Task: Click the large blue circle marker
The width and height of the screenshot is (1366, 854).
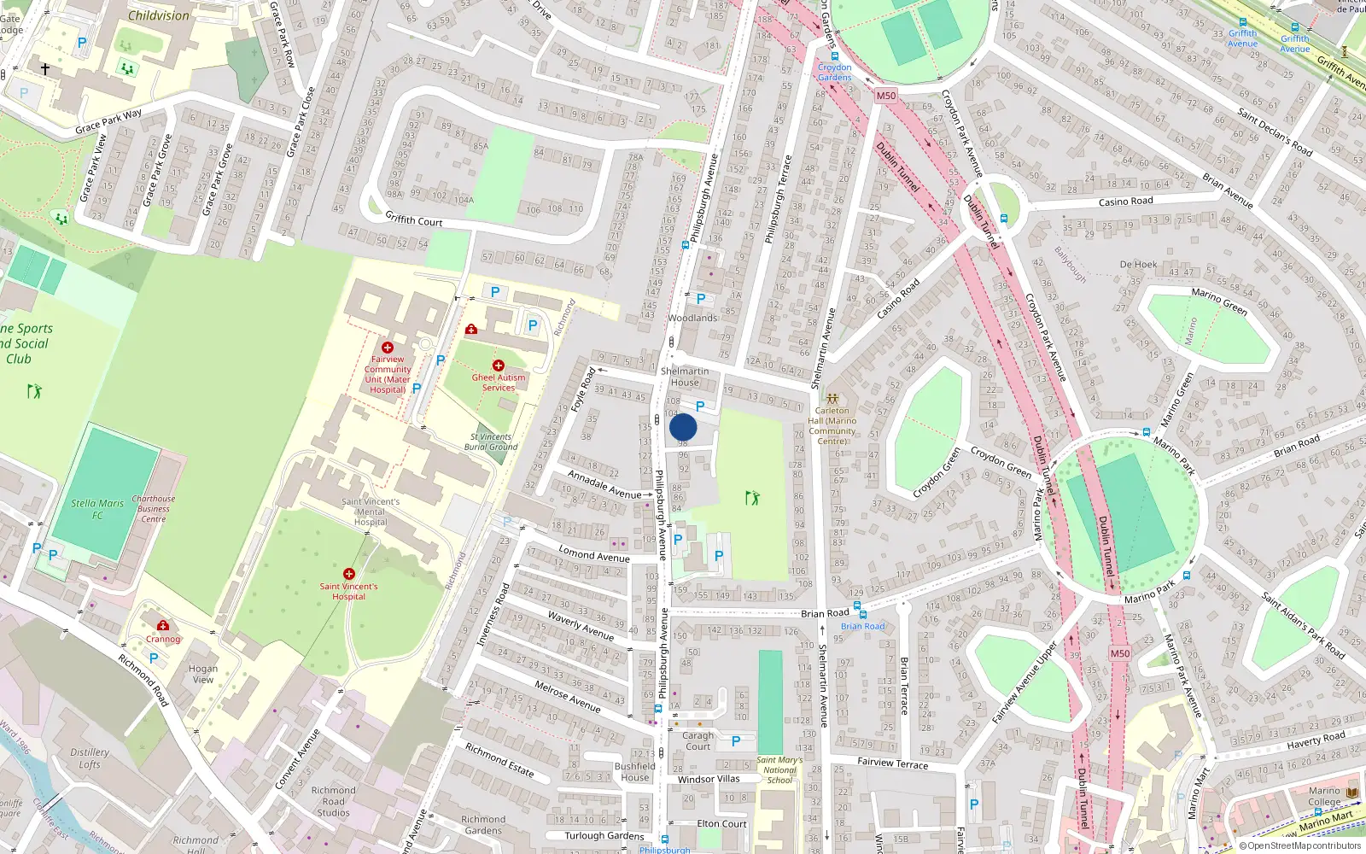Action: tap(683, 427)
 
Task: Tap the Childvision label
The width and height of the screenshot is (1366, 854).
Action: tap(159, 15)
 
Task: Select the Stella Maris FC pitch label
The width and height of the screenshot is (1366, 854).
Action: tap(97, 509)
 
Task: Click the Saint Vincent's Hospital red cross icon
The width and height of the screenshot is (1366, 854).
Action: tap(348, 574)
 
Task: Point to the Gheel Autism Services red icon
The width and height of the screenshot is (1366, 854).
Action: tap(499, 366)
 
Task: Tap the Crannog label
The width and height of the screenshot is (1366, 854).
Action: tap(163, 639)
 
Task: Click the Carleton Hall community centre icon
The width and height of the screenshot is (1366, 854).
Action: tap(832, 399)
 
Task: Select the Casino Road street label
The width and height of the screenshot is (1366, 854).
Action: tap(1125, 202)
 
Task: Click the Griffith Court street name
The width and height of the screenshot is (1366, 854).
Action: tap(414, 219)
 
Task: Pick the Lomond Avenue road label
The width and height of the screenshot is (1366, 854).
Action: tap(594, 554)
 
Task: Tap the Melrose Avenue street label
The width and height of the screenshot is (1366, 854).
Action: tap(568, 695)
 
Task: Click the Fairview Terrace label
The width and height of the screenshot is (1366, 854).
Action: tap(892, 763)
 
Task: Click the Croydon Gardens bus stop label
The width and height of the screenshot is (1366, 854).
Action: tap(834, 72)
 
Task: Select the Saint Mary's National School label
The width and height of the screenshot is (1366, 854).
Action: tap(779, 769)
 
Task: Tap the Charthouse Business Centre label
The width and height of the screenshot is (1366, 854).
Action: tap(154, 509)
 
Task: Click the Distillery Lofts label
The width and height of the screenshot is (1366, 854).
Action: tap(90, 758)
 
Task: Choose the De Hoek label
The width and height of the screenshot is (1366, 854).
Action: tap(1138, 265)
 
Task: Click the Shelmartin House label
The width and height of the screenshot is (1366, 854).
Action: tap(685, 377)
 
